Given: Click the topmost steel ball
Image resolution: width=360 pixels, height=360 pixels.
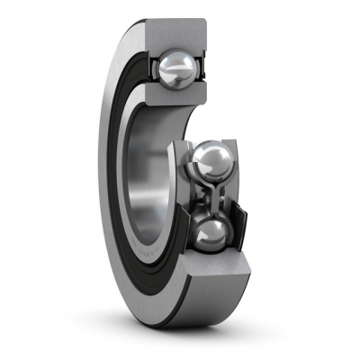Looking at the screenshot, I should (x=176, y=66).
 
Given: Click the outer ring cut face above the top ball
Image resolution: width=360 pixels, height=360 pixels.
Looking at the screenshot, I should (x=176, y=34).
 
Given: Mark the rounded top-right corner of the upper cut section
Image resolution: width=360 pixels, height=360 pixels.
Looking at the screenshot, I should (x=202, y=24).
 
